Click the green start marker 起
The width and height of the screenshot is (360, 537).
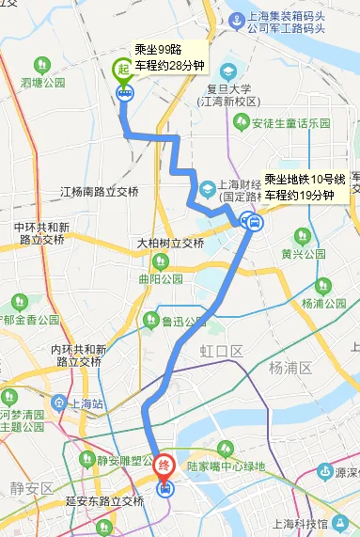[x=123, y=70]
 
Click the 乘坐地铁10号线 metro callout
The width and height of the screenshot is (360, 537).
[x=305, y=187]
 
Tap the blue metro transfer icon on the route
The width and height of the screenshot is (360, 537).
[x=251, y=222]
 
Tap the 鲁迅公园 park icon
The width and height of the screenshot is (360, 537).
[x=151, y=322]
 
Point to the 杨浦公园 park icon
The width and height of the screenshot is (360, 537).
[x=284, y=304]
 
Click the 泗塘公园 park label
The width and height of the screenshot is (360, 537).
[x=42, y=82]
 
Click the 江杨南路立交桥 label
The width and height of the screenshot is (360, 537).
[x=99, y=192]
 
